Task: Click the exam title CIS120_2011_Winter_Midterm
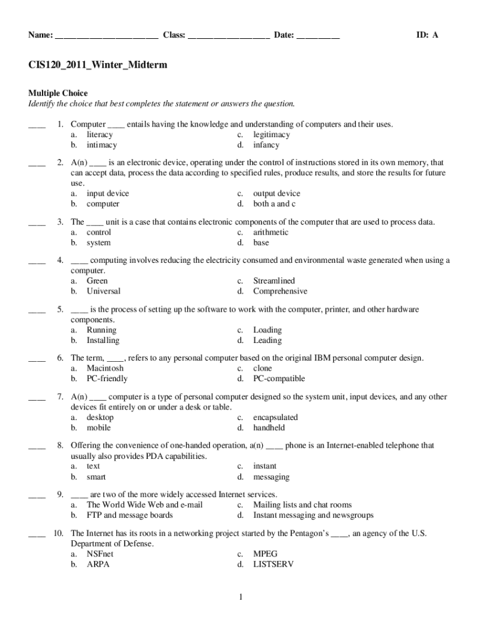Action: coord(98,65)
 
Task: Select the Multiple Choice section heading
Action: coord(58,93)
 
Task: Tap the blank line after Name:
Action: coord(106,36)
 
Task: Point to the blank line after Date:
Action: coord(318,36)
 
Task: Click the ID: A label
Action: coord(428,36)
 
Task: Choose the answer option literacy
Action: coord(100,135)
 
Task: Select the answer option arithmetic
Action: coord(271,232)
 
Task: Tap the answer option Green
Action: coord(97,281)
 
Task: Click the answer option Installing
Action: coord(103,341)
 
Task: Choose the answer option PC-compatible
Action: coord(279,379)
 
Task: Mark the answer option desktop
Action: coord(100,418)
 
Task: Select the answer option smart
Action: coord(96,477)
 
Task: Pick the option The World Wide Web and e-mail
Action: coord(145,505)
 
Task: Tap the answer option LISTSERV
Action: coord(274,564)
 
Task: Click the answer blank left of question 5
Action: coord(37,310)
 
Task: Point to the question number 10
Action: coord(59,533)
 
